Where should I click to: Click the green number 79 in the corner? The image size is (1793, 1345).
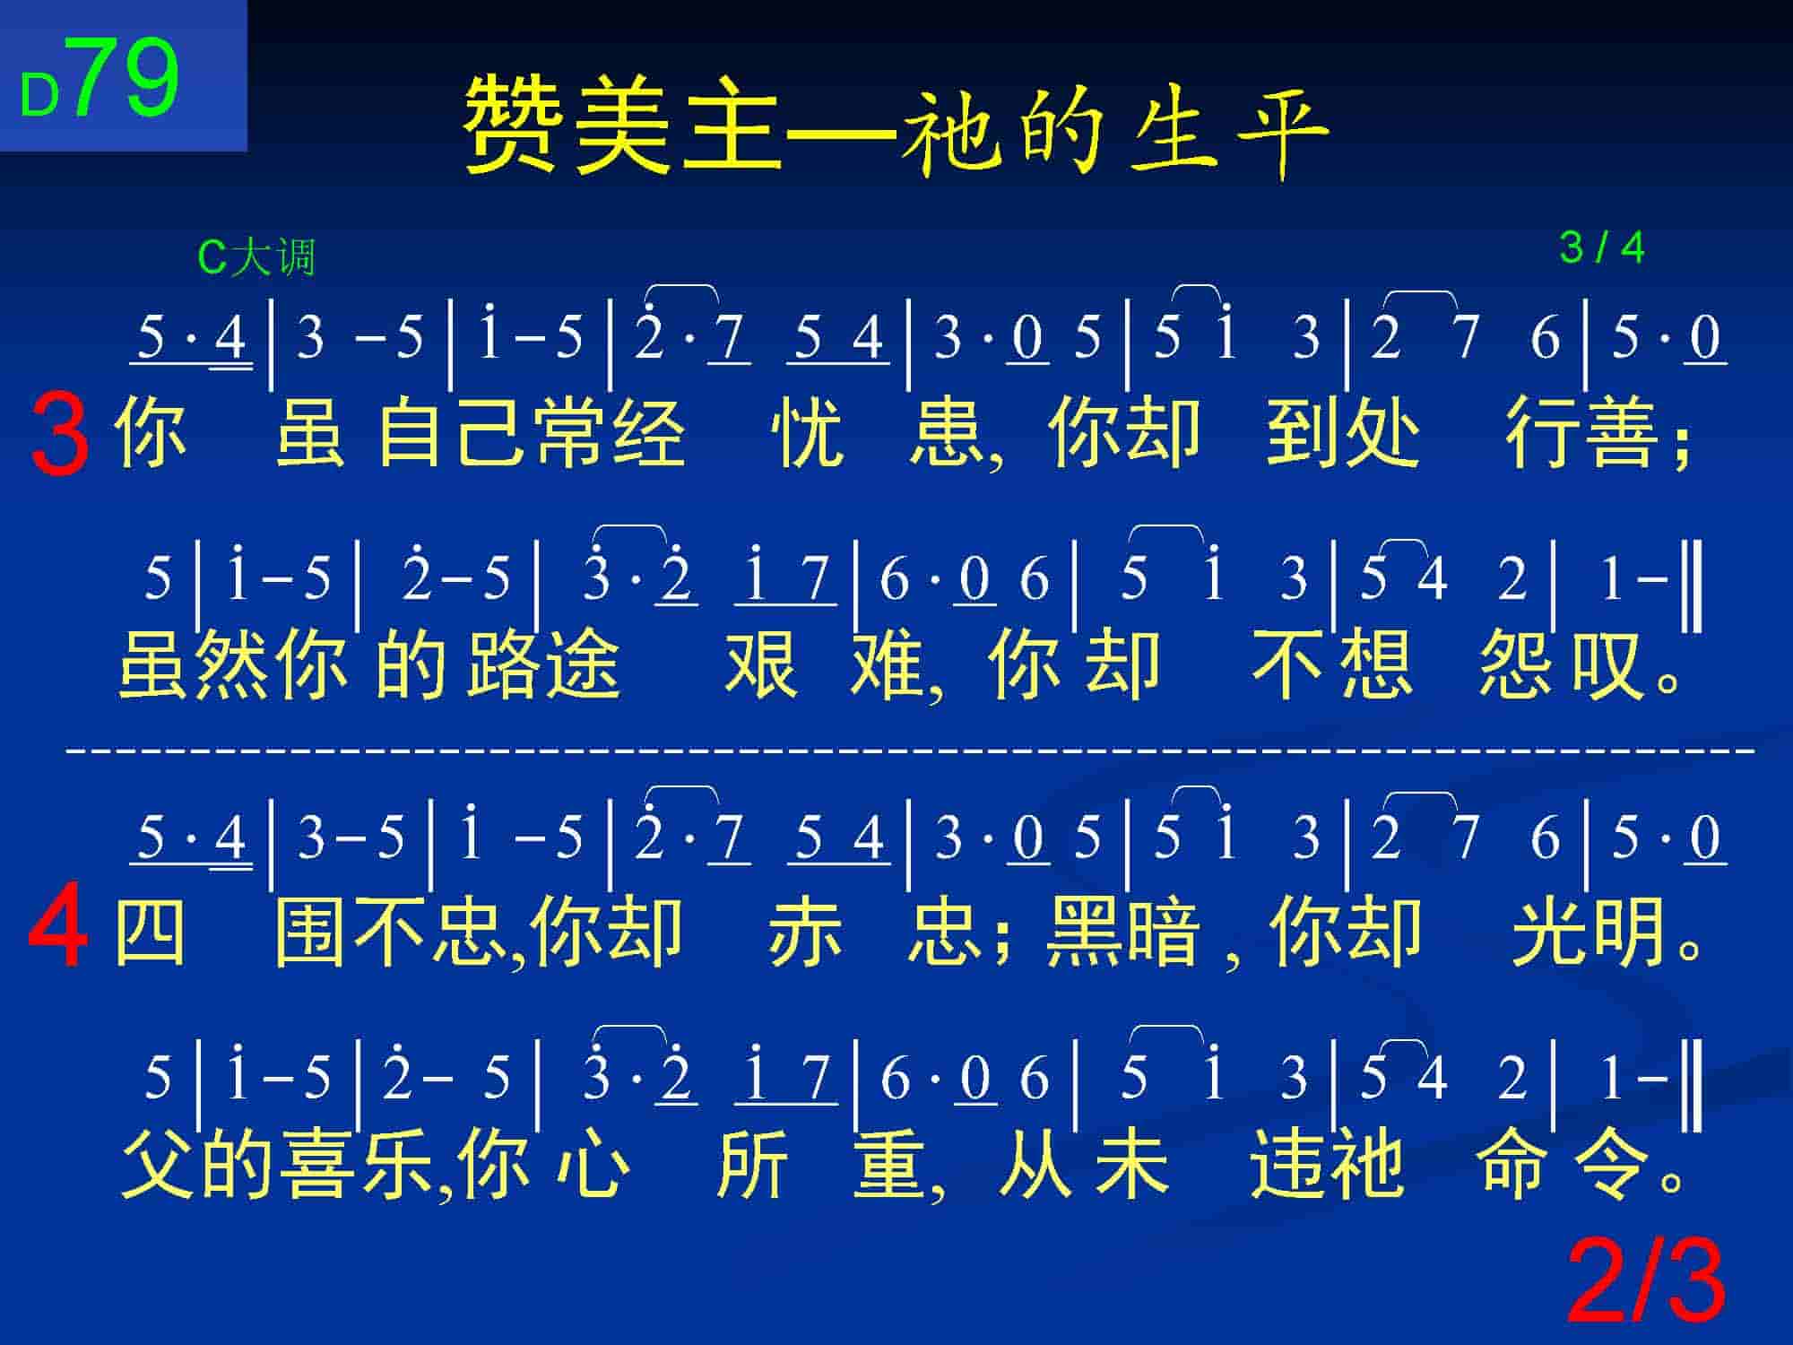coord(125,78)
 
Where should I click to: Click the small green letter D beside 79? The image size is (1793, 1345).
coord(40,95)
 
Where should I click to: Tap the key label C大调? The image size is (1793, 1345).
coord(256,257)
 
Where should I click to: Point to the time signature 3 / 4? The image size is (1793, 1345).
coord(1602,247)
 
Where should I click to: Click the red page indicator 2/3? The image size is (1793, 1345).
coord(1646,1281)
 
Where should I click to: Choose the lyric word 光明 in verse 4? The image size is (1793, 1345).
coord(1588,933)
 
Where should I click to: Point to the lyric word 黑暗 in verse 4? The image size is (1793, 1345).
coord(1123,933)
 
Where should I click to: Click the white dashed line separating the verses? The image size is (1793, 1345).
coord(910,746)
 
